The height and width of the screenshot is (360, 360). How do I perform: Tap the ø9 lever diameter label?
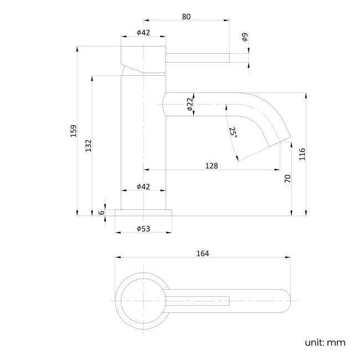coord(245,38)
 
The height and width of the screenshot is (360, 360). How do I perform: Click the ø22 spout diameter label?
coord(189,104)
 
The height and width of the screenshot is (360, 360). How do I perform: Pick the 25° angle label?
coord(233,133)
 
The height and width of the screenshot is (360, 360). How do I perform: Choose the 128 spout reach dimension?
coord(211,166)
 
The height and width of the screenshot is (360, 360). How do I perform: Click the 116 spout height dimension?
coord(302,154)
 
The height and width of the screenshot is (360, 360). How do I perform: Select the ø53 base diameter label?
coord(143,229)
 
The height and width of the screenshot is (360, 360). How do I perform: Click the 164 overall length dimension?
coord(202,253)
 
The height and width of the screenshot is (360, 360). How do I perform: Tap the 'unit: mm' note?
coord(325,342)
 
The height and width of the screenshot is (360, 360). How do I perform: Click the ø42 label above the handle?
coord(143,33)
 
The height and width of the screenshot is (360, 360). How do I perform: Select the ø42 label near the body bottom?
coord(143,187)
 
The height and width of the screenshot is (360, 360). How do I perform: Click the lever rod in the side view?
coord(197,58)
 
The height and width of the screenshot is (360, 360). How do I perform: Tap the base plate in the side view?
coord(143,212)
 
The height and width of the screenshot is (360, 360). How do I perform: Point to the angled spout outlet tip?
coord(280,140)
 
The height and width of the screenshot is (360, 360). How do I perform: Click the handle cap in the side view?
coord(143,58)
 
